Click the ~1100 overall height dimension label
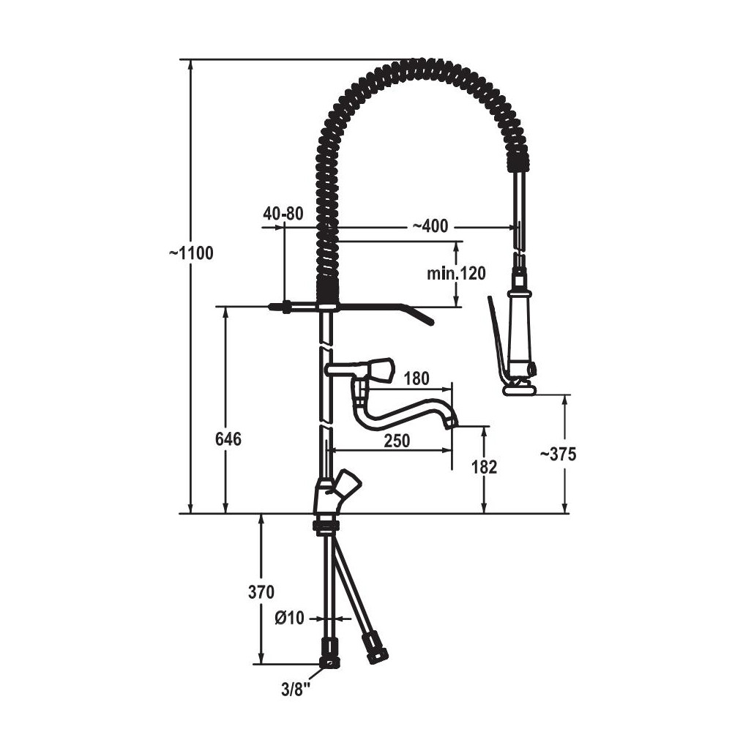coord(191,253)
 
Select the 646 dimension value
coord(228,438)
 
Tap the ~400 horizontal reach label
coord(430,226)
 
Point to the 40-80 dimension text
coord(283,213)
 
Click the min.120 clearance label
coord(456,273)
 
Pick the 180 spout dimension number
coord(417,378)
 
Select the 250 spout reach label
coord(397,440)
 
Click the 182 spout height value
coord(484,467)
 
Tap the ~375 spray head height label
coord(558,455)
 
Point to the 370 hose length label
coord(261,592)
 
